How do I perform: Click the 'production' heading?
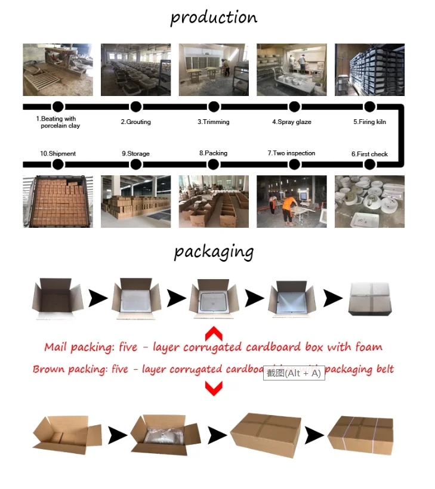point(214,17)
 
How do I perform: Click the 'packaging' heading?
point(214,252)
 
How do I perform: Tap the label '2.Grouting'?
point(136,122)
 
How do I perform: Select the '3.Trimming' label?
point(214,122)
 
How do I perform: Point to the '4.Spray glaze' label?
point(292,122)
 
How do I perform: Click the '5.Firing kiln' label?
point(369,122)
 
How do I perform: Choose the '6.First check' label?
point(369,154)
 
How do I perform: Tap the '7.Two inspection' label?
point(291,153)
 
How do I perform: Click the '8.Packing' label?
point(214,153)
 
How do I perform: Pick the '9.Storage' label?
point(136,154)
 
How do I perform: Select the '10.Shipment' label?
point(58,154)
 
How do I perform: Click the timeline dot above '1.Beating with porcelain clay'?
point(58,107)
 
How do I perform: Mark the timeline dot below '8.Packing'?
point(214,164)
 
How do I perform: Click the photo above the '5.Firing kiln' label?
point(369,69)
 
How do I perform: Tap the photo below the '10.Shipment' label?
point(58,201)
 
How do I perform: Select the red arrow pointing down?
point(214,388)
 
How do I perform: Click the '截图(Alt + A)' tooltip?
point(294,373)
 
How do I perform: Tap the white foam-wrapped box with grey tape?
point(370,298)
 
